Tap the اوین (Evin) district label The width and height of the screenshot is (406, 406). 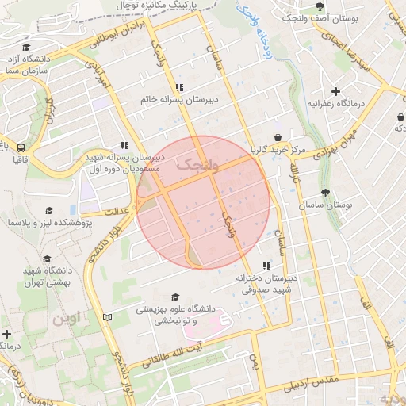(67, 320)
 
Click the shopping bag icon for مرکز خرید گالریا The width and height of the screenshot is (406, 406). (278, 137)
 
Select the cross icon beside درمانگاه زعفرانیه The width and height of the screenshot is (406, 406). (336, 92)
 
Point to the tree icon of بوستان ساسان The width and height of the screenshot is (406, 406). (326, 193)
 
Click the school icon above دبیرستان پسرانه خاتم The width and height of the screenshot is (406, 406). (180, 87)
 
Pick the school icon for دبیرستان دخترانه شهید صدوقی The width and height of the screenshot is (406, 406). (266, 266)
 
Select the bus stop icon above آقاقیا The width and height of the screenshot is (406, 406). (21, 147)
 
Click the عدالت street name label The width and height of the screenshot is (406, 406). (117, 211)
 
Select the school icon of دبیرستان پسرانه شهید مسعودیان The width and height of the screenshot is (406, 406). (124, 145)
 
